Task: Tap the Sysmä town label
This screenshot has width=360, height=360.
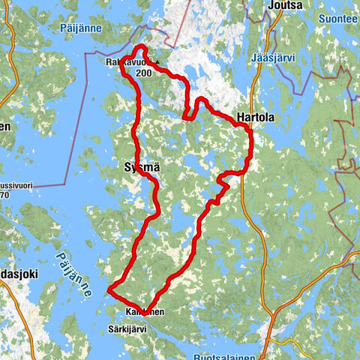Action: (136, 169)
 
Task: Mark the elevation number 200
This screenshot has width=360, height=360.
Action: (143, 73)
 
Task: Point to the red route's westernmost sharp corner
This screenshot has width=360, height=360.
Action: (109, 289)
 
